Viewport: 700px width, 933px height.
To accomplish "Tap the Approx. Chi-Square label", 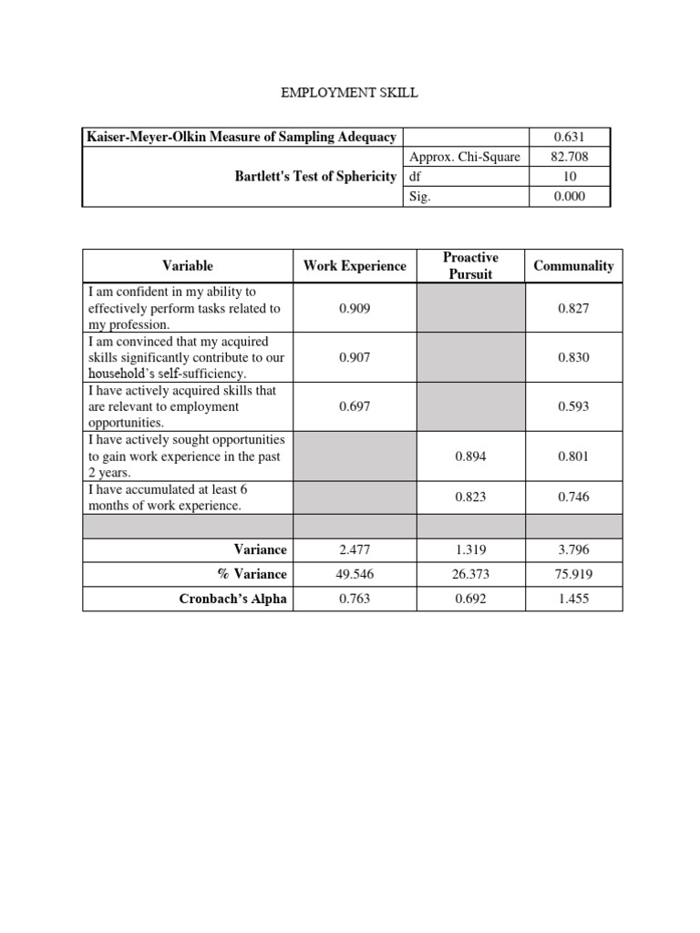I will click(465, 157).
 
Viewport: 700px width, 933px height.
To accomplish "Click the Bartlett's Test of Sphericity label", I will click(315, 176).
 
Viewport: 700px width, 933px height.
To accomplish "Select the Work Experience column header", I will click(355, 266).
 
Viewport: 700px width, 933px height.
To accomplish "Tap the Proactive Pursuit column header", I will click(470, 266).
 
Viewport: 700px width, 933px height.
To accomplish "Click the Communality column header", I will click(573, 266).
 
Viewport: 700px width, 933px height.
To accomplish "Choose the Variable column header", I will click(188, 266).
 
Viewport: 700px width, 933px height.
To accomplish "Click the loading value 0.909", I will click(355, 309).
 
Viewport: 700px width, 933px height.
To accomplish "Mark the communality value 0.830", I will click(573, 358).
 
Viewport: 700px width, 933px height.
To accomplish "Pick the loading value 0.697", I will click(355, 407).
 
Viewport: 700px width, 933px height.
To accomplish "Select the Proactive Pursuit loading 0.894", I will click(470, 456).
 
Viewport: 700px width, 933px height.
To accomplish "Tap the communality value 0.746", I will click(573, 498).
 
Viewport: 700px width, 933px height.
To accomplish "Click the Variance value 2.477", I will click(355, 549).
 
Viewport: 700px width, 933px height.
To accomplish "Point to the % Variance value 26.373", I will click(470, 574).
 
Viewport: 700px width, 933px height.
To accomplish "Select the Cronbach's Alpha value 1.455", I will click(573, 599).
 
